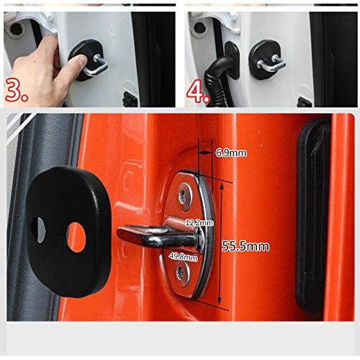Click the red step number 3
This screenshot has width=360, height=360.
pos(16,90)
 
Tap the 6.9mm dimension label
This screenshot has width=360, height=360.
pos(231,153)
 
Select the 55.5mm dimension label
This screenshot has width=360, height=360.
pos(246,246)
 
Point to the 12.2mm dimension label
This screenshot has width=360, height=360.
pos(199,222)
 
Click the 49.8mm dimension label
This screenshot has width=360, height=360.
pos(184,256)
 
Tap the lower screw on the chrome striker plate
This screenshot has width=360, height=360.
pos(181,274)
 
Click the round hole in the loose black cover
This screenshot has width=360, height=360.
pos(76,238)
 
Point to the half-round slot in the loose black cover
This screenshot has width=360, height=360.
pos(41,230)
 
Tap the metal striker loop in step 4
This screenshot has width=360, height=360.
pos(271,64)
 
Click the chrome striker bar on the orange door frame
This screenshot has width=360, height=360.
pos(158,236)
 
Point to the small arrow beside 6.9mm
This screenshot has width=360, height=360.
pos(203,152)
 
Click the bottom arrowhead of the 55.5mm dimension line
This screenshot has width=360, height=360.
pos(219,300)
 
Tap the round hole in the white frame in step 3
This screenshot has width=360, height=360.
pos(16,29)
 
